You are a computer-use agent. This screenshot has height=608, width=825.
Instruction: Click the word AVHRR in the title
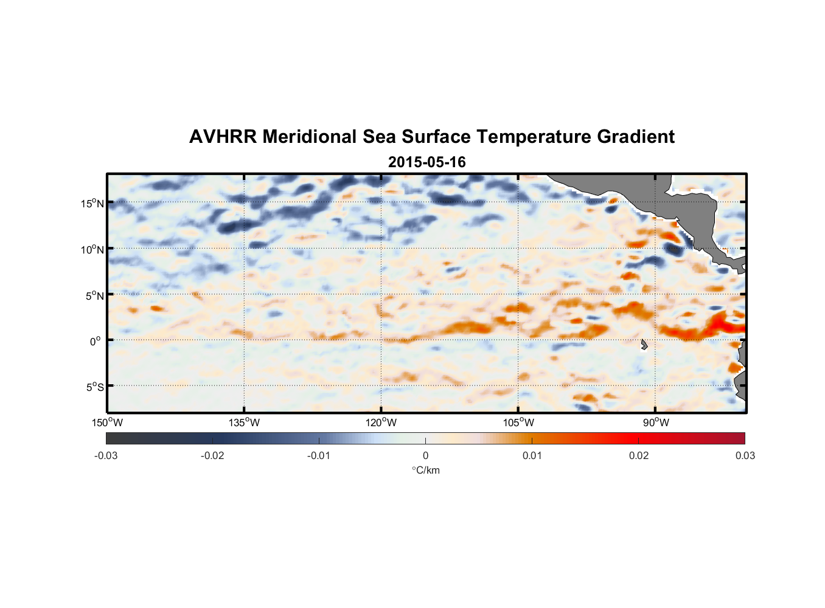pos(223,137)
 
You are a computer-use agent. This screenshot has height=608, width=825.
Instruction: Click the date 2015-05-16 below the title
pos(426,162)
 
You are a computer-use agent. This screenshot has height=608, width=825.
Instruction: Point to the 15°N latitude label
pos(92,203)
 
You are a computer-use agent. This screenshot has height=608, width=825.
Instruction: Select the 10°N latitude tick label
pos(92,249)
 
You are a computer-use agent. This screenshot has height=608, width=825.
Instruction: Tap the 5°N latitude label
pos(94,295)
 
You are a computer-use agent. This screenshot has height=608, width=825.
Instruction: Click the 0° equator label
pos(96,342)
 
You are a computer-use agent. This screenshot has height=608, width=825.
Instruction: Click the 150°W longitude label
pos(108,423)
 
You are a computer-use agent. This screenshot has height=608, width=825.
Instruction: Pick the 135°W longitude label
pos(245,423)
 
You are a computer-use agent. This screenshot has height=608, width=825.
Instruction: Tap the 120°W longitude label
pos(381,423)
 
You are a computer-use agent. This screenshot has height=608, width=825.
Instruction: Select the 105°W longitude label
pos(518,423)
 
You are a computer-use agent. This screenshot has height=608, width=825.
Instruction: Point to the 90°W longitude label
pos(656,423)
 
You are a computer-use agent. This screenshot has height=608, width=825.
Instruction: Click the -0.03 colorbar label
pos(106,456)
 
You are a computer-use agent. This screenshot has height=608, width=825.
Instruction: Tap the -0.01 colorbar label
pos(319,456)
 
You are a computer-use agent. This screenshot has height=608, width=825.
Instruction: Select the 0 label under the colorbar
pos(425,456)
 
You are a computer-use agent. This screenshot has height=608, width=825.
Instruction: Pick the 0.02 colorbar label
pos(639,456)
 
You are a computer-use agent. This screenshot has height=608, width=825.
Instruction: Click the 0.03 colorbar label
pos(745,456)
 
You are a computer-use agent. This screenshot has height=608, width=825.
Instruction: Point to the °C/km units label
pos(425,471)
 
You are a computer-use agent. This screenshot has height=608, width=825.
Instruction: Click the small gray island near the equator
pos(644,345)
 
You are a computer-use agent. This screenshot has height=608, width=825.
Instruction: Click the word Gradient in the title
pos(636,137)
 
